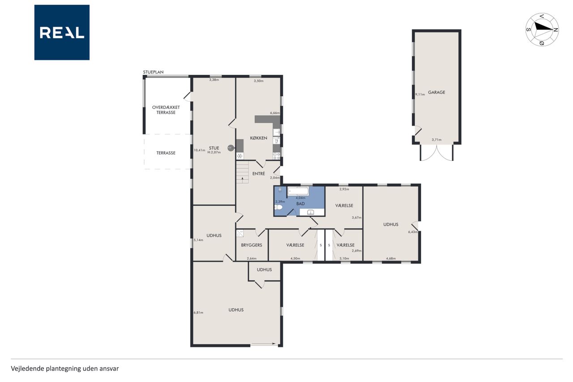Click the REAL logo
(x=62, y=32)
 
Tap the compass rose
(x=542, y=30)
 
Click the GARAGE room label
(x=436, y=92)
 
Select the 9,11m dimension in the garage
(x=420, y=94)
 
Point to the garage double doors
(x=436, y=153)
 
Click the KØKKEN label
(x=258, y=138)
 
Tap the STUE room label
(x=214, y=148)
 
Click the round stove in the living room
(x=231, y=148)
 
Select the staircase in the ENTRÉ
(x=242, y=172)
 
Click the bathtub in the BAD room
(x=298, y=191)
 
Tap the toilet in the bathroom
(x=279, y=207)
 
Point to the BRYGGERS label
(x=252, y=245)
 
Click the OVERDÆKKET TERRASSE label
(x=166, y=110)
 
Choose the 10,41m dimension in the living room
(x=199, y=150)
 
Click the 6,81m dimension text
(x=198, y=313)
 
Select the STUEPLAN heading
(x=153, y=72)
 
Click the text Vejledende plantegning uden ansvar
(x=65, y=369)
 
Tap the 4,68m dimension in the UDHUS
(x=391, y=258)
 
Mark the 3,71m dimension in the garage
(x=436, y=140)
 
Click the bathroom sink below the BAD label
(x=311, y=212)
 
